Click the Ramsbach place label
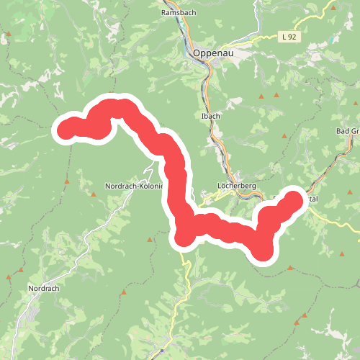click(x=176, y=13)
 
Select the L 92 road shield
click(x=289, y=36)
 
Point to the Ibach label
click(x=204, y=115)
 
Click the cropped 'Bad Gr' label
click(x=347, y=131)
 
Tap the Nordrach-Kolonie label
click(x=134, y=186)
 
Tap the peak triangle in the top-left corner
click(x=9, y=34)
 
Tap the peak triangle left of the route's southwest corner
click(x=150, y=239)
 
